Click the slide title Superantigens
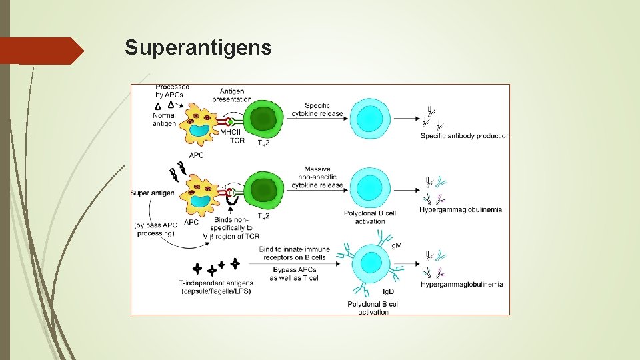(x=198, y=48)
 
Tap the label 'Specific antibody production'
(x=465, y=136)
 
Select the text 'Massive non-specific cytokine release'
(x=317, y=177)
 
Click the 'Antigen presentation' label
(x=231, y=95)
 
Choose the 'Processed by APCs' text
(x=172, y=91)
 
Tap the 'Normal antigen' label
(x=163, y=119)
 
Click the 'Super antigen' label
(x=153, y=193)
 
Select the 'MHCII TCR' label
(x=237, y=136)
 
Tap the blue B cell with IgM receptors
(x=370, y=265)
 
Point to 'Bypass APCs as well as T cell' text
(x=295, y=273)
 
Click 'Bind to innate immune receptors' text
(x=293, y=253)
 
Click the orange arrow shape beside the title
(x=41, y=51)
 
